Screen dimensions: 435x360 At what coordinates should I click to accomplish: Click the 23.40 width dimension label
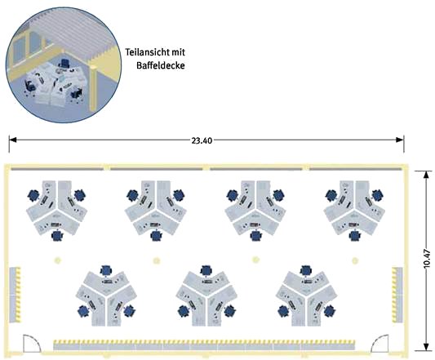point(202,140)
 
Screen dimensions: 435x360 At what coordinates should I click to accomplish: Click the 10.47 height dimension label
point(427,259)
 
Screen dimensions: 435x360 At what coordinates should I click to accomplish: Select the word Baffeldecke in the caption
point(160,66)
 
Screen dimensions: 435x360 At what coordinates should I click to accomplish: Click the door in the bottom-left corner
point(32,344)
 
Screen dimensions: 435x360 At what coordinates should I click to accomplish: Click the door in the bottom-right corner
point(380,344)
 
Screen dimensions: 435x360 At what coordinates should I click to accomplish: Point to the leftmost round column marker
point(57,260)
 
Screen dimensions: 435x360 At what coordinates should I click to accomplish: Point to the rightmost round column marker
point(355,260)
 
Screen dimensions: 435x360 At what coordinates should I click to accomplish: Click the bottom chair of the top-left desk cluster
point(57,236)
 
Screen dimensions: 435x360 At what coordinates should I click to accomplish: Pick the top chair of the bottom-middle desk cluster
point(206,270)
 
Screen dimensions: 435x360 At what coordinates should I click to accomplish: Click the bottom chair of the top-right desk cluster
point(355,236)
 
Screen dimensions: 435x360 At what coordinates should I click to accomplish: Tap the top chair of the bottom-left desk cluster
point(106,270)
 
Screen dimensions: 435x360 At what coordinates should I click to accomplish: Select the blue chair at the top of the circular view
point(64,64)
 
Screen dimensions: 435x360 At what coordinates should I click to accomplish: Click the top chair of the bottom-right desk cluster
point(306,270)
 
